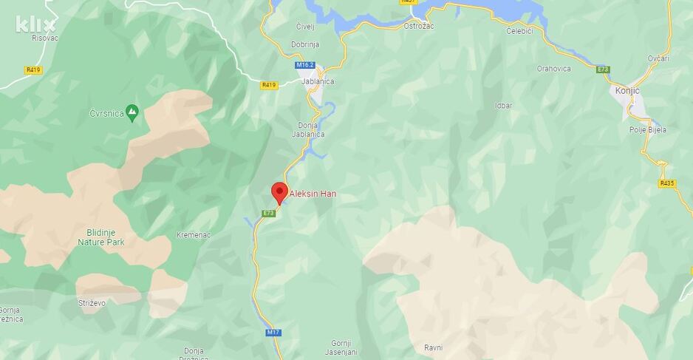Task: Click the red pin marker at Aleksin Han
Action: click(x=279, y=191)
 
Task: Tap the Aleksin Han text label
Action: click(x=313, y=194)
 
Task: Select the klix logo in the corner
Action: click(x=35, y=24)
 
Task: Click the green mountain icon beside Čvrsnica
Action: click(x=132, y=112)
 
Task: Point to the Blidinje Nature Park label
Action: click(x=101, y=236)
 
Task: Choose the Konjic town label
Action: click(x=627, y=91)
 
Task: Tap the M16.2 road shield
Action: click(x=305, y=65)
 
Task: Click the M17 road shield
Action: click(x=273, y=333)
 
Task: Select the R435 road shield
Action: click(x=666, y=183)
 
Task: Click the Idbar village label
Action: click(x=503, y=106)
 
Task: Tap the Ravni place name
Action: click(x=433, y=347)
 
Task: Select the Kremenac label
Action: click(x=194, y=234)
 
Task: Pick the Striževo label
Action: click(x=92, y=303)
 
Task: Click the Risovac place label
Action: click(x=45, y=37)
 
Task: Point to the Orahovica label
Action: click(x=553, y=68)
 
